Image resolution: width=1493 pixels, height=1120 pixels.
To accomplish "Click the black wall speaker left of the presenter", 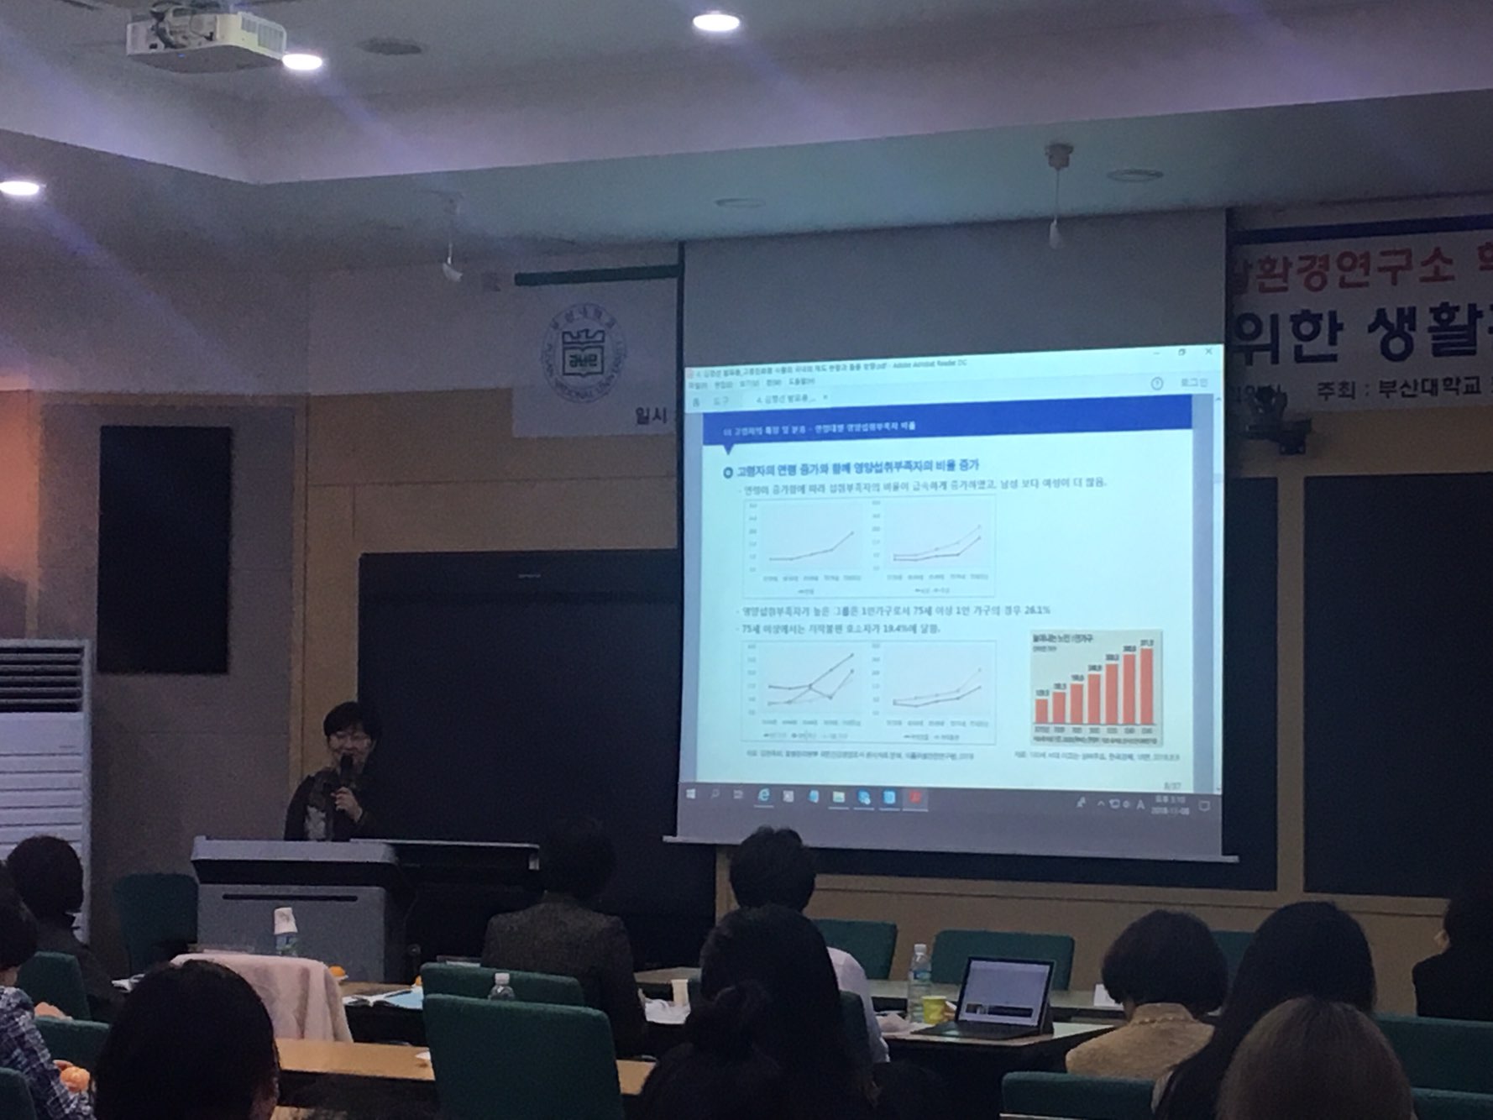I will pyautogui.click(x=164, y=549).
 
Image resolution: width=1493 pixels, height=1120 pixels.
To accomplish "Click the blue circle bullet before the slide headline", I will pyautogui.click(x=727, y=467).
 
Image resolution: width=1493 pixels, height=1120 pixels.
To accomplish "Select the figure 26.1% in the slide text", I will pyautogui.click(x=1037, y=610).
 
